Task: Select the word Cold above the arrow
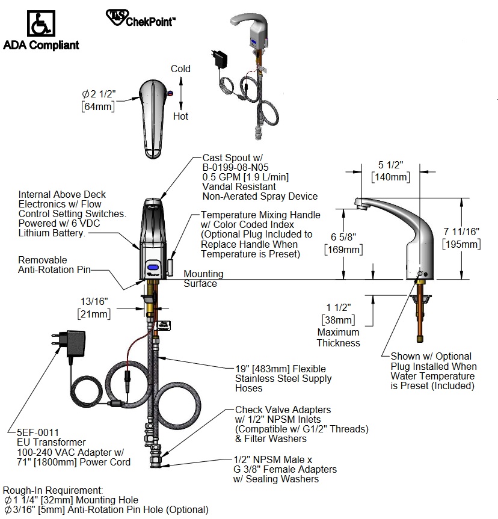[x=180, y=69]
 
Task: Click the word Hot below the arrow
[x=180, y=116]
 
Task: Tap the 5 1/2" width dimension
[x=390, y=165]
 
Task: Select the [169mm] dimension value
[x=342, y=249]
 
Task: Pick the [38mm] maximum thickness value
[x=338, y=321]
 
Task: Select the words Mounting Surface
[x=203, y=278]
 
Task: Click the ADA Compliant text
[x=41, y=45]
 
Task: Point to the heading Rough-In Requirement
[x=54, y=490]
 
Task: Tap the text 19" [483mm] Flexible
[x=280, y=369]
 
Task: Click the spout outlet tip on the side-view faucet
[x=360, y=207]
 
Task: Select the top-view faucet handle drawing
[x=152, y=115]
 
